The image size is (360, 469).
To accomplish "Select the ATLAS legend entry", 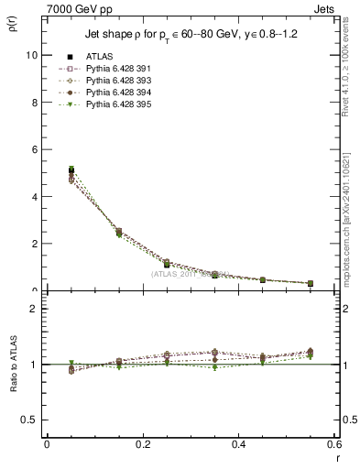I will (99, 56).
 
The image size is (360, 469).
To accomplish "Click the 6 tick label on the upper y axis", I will (34, 149).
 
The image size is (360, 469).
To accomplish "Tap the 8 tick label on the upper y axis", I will (34, 102).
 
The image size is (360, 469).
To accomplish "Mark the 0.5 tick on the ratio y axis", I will (31, 420).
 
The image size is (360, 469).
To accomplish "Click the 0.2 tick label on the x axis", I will (142, 444).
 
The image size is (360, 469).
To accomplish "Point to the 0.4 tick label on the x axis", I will (238, 444).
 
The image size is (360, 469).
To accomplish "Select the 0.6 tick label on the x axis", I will (334, 444).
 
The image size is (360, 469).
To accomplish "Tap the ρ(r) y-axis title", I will (13, 25).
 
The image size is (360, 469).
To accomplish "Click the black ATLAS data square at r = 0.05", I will (71, 169).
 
